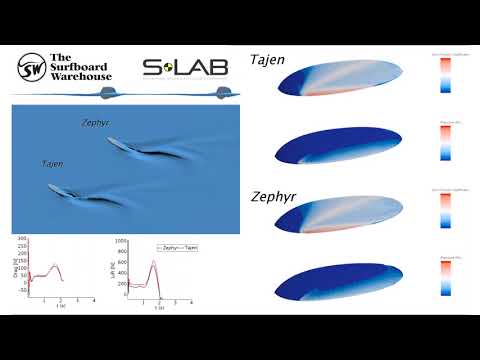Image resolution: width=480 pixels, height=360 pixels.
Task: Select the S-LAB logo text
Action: pyautogui.click(x=185, y=68)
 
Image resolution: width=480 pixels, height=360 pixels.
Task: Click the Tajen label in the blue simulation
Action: pyautogui.click(x=56, y=163)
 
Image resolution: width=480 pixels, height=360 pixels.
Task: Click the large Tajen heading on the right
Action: pyautogui.click(x=268, y=60)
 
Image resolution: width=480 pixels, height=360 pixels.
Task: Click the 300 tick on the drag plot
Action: pyautogui.click(x=21, y=242)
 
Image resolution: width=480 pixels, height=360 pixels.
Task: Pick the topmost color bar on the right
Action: pyautogui.click(x=445, y=76)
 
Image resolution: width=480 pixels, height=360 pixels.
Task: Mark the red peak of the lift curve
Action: pyautogui.click(x=153, y=262)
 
